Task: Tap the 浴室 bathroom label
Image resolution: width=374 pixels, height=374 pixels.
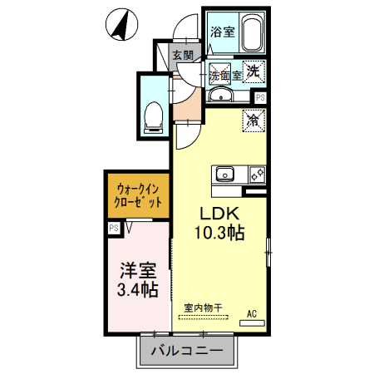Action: (221, 33)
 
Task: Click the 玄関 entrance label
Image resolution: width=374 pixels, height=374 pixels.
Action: (183, 56)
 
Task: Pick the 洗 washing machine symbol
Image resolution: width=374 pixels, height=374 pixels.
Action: (254, 71)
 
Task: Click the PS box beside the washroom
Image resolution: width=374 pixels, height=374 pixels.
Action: (260, 97)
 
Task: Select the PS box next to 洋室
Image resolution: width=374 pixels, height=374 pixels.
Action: (113, 226)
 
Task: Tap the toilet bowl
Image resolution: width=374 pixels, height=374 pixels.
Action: (153, 116)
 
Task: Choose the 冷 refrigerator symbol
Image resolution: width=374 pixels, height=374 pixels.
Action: (253, 120)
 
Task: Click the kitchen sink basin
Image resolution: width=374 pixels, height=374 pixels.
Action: (225, 175)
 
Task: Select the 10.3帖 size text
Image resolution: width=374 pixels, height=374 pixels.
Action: (219, 233)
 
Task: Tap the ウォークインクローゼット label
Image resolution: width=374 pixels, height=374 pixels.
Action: (137, 195)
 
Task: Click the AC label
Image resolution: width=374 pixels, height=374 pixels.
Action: (253, 314)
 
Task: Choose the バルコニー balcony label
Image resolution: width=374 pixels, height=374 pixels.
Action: (186, 352)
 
